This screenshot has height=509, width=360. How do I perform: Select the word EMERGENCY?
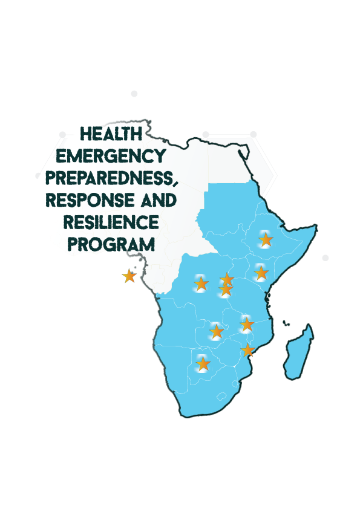tap(110, 155)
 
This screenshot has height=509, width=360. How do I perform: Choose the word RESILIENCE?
tap(112, 222)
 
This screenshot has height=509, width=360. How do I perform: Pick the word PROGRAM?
tap(111, 244)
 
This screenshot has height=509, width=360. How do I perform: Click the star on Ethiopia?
tap(266, 240)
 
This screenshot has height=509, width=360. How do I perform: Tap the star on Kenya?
tap(261, 273)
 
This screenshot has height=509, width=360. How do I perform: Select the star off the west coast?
tap(129, 276)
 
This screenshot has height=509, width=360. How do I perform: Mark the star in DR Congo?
tap(201, 283)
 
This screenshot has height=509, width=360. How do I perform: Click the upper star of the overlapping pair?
tap(227, 279)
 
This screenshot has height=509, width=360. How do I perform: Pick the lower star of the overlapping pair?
tap(225, 291)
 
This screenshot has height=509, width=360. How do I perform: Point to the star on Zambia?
tap(216, 331)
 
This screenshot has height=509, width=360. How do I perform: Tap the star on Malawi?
tap(246, 325)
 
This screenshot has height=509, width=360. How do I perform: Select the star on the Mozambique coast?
tap(248, 350)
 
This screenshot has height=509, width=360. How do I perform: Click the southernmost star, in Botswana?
tap(203, 364)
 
